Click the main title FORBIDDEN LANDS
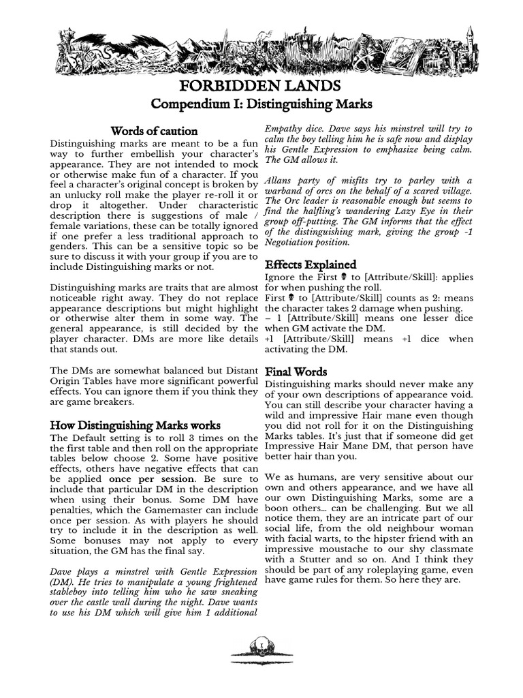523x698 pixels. (261, 87)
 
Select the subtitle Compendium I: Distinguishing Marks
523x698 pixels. (261, 105)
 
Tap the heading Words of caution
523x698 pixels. (154, 131)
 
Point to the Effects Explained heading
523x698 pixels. (310, 264)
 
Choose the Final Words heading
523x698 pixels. (296, 372)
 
